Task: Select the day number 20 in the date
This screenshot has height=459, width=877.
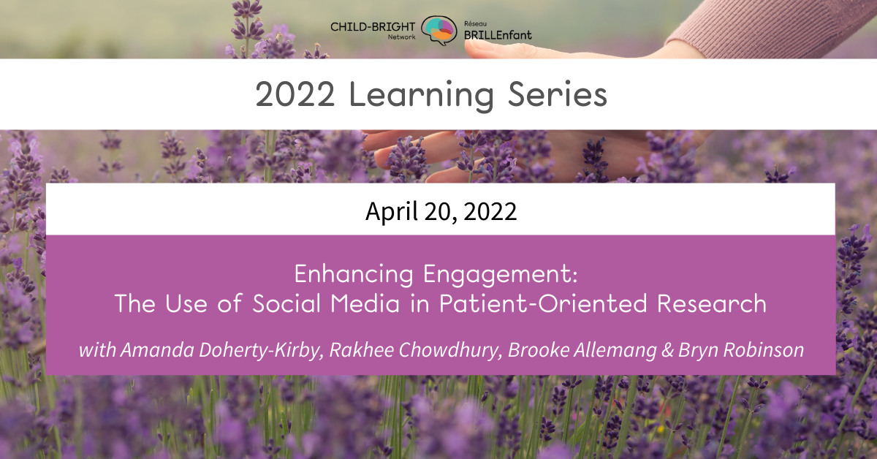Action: coord(434,211)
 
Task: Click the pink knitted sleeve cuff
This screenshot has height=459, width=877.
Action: coord(702,37)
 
